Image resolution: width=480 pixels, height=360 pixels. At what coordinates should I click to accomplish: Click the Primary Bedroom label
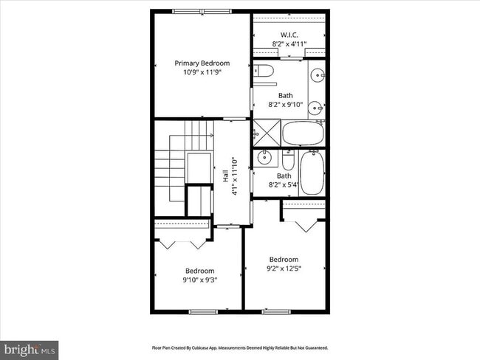tap(202, 63)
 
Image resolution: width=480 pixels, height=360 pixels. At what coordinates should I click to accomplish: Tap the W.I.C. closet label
tap(289, 35)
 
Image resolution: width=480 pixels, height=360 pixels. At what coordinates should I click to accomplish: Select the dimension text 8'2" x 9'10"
tap(285, 105)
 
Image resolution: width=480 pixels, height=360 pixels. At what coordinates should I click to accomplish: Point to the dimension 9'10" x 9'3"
tap(199, 280)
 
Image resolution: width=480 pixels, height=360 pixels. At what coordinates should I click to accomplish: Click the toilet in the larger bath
tap(264, 72)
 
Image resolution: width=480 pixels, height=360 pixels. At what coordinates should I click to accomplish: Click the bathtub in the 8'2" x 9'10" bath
tap(303, 134)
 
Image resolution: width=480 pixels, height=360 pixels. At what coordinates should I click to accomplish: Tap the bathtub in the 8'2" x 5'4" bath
tap(312, 173)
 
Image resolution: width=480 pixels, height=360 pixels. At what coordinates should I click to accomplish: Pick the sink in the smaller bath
tap(264, 158)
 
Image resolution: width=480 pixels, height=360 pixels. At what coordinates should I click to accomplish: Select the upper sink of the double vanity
tap(317, 75)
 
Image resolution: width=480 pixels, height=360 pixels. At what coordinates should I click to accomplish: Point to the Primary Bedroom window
tap(200, 11)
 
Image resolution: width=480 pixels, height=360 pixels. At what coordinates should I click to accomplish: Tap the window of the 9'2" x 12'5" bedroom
tap(278, 311)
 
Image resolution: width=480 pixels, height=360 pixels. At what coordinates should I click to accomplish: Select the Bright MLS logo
tap(30, 347)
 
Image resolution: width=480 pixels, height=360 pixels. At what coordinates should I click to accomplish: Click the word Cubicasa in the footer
tap(218, 347)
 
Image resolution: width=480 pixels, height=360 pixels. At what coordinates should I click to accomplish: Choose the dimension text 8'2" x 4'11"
tap(289, 44)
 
